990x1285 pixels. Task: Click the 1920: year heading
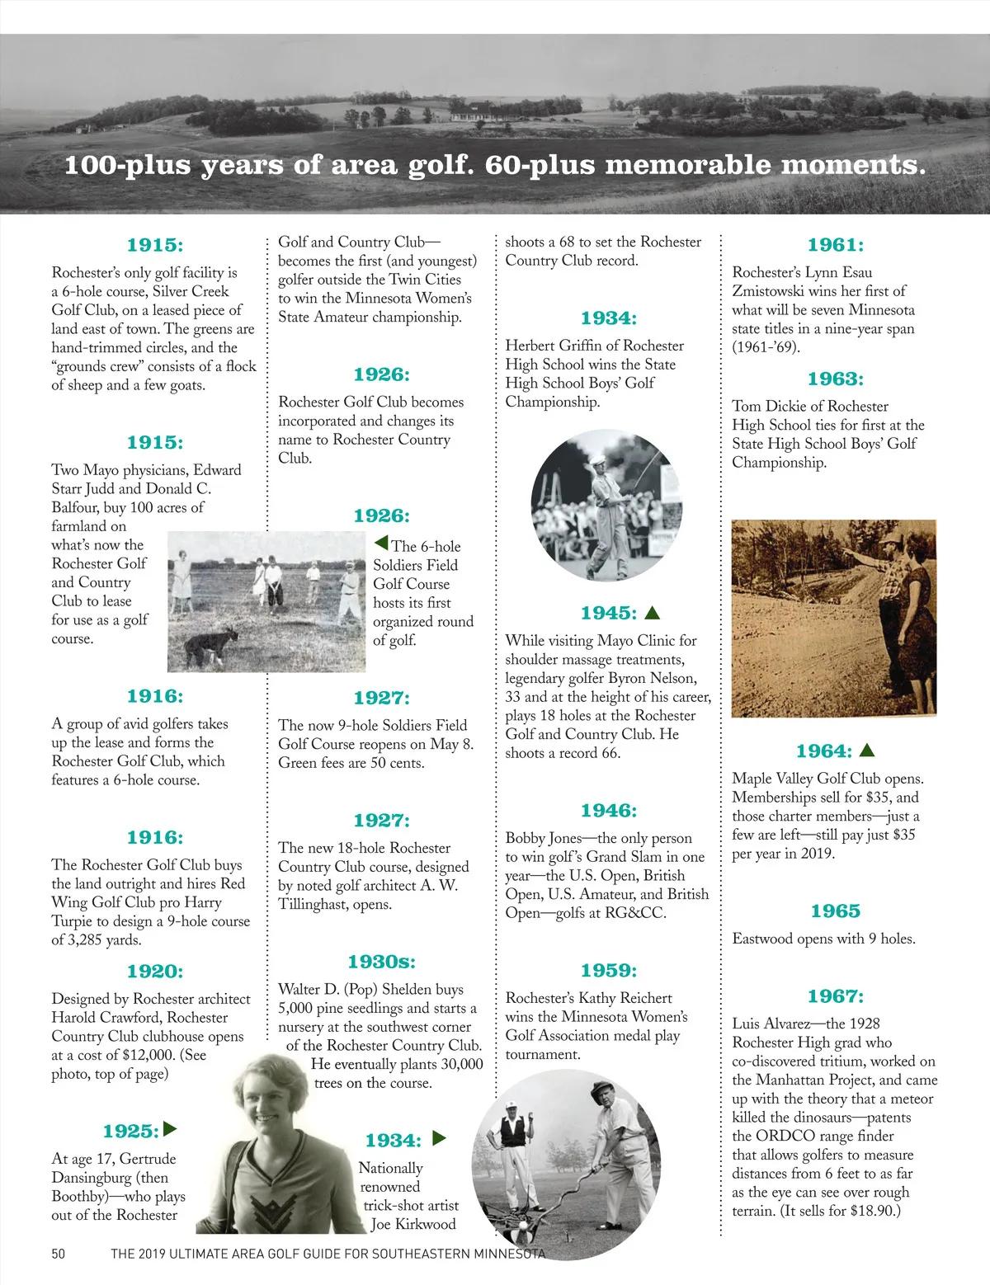(154, 972)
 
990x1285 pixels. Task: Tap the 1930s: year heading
(381, 962)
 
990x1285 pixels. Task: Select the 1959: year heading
(609, 970)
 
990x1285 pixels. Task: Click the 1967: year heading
(835, 996)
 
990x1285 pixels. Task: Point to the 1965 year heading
(835, 911)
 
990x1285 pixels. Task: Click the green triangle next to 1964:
(866, 751)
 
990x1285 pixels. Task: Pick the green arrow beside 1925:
(171, 1128)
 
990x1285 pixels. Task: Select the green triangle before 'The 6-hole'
(380, 544)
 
